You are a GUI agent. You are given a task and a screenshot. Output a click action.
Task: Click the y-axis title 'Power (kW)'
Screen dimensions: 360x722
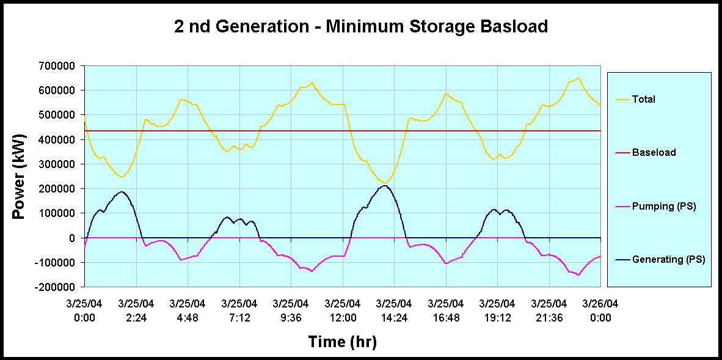tap(20, 176)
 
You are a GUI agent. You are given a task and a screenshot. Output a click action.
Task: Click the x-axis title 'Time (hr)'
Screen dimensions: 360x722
tap(342, 342)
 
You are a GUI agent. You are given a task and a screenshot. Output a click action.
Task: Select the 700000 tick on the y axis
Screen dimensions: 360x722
tap(58, 66)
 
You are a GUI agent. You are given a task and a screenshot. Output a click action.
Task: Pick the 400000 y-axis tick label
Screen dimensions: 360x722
tap(58, 139)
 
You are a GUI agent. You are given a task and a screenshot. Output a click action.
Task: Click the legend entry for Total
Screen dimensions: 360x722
tap(644, 99)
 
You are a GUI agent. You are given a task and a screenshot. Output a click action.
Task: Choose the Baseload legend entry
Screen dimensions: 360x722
tap(654, 152)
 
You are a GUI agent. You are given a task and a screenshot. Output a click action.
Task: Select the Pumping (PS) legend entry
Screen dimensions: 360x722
tap(664, 207)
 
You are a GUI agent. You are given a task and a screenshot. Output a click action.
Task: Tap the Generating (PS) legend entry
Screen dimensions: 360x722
tap(668, 260)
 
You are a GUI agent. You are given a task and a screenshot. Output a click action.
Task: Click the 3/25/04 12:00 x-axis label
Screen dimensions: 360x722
tap(343, 310)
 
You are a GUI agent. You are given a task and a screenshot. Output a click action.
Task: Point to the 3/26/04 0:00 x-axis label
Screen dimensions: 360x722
tap(600, 310)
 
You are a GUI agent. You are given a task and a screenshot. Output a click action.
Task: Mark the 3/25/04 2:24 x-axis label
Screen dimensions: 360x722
tap(136, 310)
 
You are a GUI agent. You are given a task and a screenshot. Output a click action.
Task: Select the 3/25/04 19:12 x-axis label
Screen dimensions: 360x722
tap(497, 310)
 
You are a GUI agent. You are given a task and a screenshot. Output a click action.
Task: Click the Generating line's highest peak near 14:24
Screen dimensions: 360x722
tap(384, 185)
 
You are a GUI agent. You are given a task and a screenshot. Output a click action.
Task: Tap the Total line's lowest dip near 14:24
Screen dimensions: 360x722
tap(384, 182)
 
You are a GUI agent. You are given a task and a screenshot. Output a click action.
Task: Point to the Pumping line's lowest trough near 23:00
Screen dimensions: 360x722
tap(578, 275)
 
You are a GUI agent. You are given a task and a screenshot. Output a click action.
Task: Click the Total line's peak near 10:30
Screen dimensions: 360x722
tap(312, 83)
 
